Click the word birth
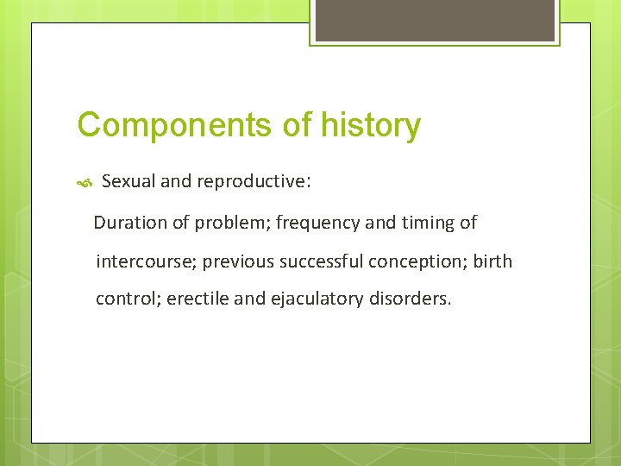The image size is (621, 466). coord(493,261)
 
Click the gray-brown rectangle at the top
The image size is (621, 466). coord(435,20)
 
